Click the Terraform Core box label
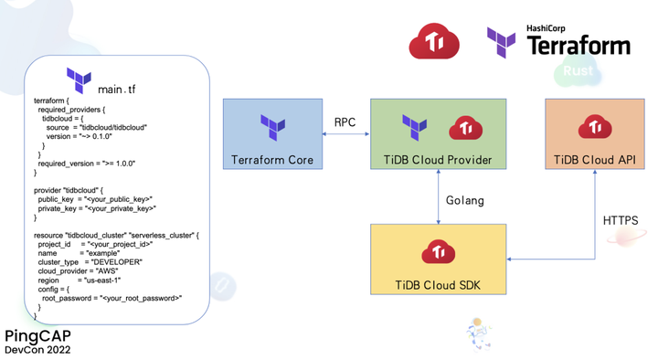pos(272,160)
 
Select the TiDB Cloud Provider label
pos(438,160)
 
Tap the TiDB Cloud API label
pos(594,160)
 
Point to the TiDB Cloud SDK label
pos(438,286)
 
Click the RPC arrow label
pos(345,122)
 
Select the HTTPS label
pos(620,220)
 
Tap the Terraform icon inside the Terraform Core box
pos(272,127)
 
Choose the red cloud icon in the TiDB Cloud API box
pos(595,126)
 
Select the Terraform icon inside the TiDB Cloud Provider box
pos(416,127)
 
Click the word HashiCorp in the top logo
pos(546,28)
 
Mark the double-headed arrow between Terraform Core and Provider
pos(345,135)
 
